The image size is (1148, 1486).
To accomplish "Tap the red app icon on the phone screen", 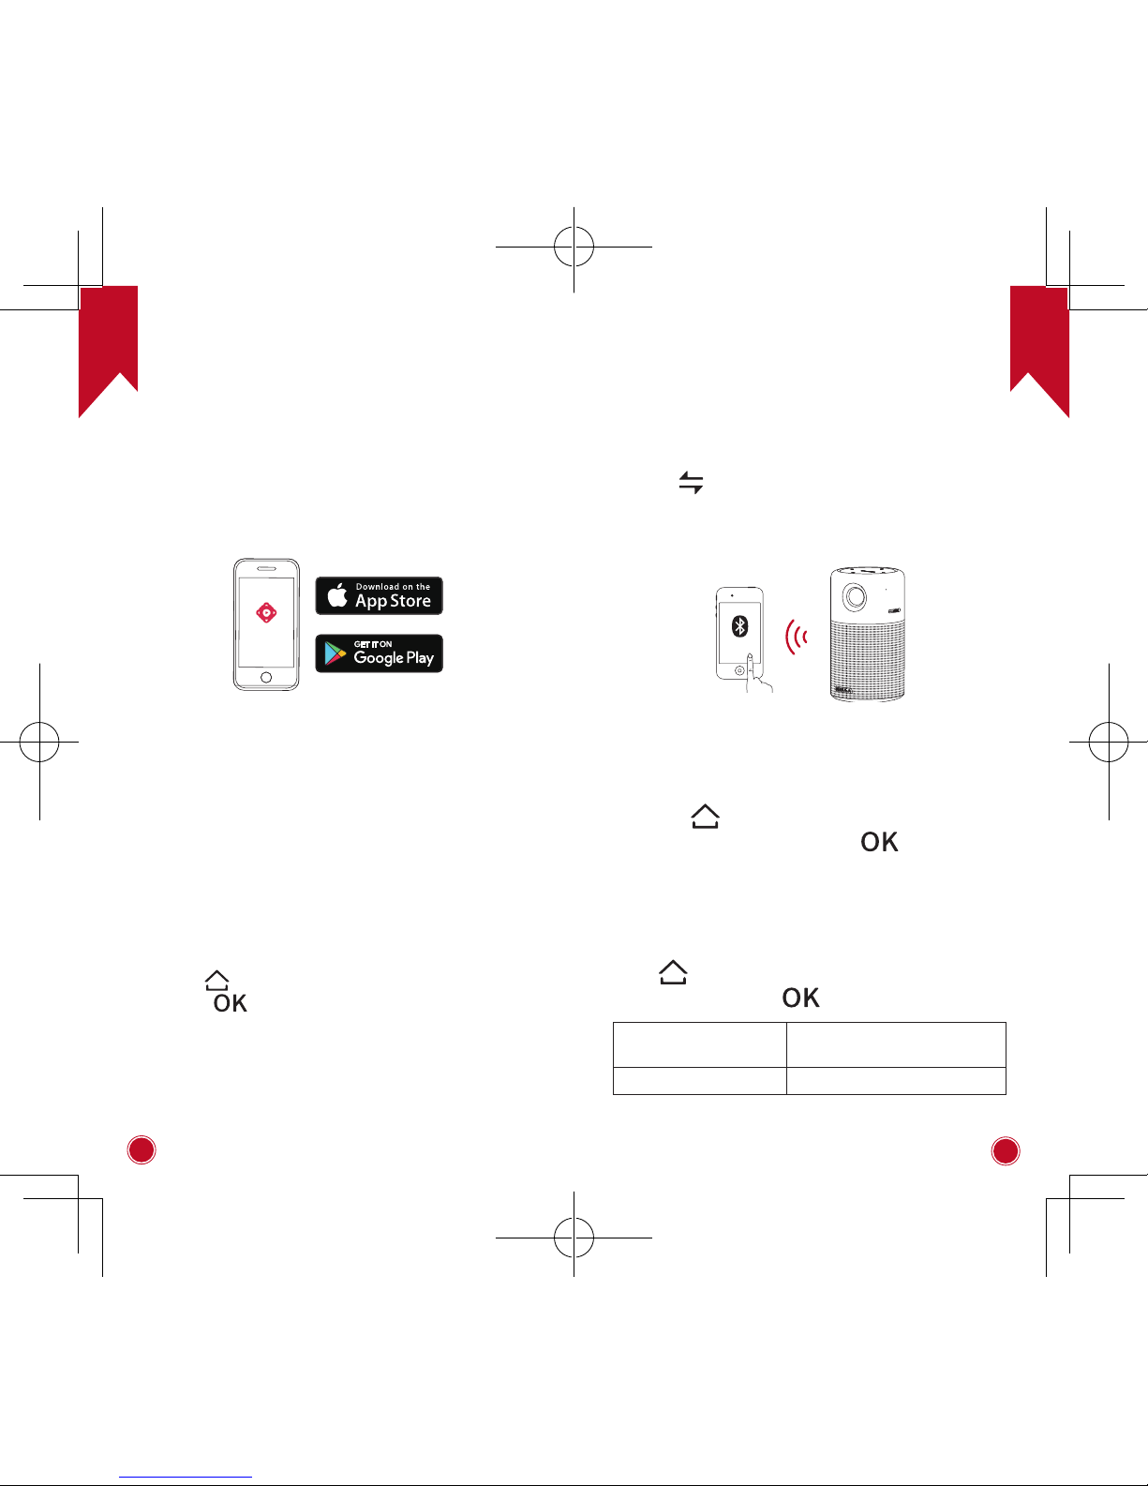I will coord(266,612).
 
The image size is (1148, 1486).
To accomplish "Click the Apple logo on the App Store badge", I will coord(338,595).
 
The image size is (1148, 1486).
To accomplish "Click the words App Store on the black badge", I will coord(393,601).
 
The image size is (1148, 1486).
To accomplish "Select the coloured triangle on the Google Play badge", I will coord(335,653).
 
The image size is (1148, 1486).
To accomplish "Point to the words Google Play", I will coord(394,657).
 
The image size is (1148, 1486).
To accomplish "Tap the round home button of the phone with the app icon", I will coord(266,677).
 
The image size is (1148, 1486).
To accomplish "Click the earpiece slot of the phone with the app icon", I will coord(266,568).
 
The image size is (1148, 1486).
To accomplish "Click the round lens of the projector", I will coord(854,596).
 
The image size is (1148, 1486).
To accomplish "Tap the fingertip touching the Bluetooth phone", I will coord(749,657).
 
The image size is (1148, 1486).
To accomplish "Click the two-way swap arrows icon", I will coord(691,483).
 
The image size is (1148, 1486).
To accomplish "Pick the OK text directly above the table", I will coord(800,998).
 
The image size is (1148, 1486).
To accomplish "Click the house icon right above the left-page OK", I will coord(216,980).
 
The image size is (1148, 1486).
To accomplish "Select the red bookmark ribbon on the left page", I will coord(108,347).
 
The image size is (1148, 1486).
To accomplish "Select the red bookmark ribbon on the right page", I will coord(1039,347).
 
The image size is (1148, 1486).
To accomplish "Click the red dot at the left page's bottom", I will coord(142,1150).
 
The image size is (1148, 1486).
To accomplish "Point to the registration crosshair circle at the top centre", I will coord(574,246).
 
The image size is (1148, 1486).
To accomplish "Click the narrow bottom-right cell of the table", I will coord(895,1080).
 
